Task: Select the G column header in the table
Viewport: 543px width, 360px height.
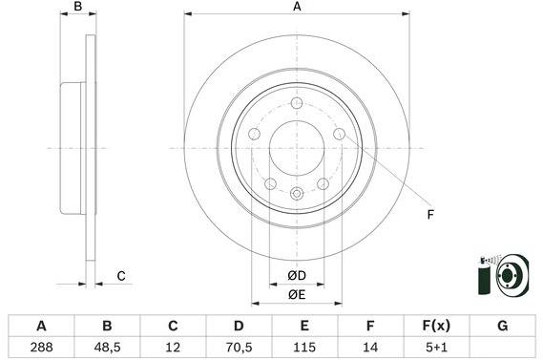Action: click(502, 327)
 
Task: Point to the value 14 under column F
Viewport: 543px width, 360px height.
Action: click(369, 349)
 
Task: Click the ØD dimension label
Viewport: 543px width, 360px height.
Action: click(297, 277)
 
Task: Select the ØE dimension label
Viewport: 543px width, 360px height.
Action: click(297, 295)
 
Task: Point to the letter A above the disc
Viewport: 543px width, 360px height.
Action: click(297, 8)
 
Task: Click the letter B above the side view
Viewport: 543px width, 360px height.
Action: click(79, 8)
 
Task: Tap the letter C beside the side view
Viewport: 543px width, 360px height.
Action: click(121, 277)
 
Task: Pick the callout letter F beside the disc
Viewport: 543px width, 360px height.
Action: click(430, 214)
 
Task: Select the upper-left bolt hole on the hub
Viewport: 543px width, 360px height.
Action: click(255, 134)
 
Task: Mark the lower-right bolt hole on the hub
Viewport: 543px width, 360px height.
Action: click(324, 183)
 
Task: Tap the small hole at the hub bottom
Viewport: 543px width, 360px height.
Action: click(297, 195)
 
